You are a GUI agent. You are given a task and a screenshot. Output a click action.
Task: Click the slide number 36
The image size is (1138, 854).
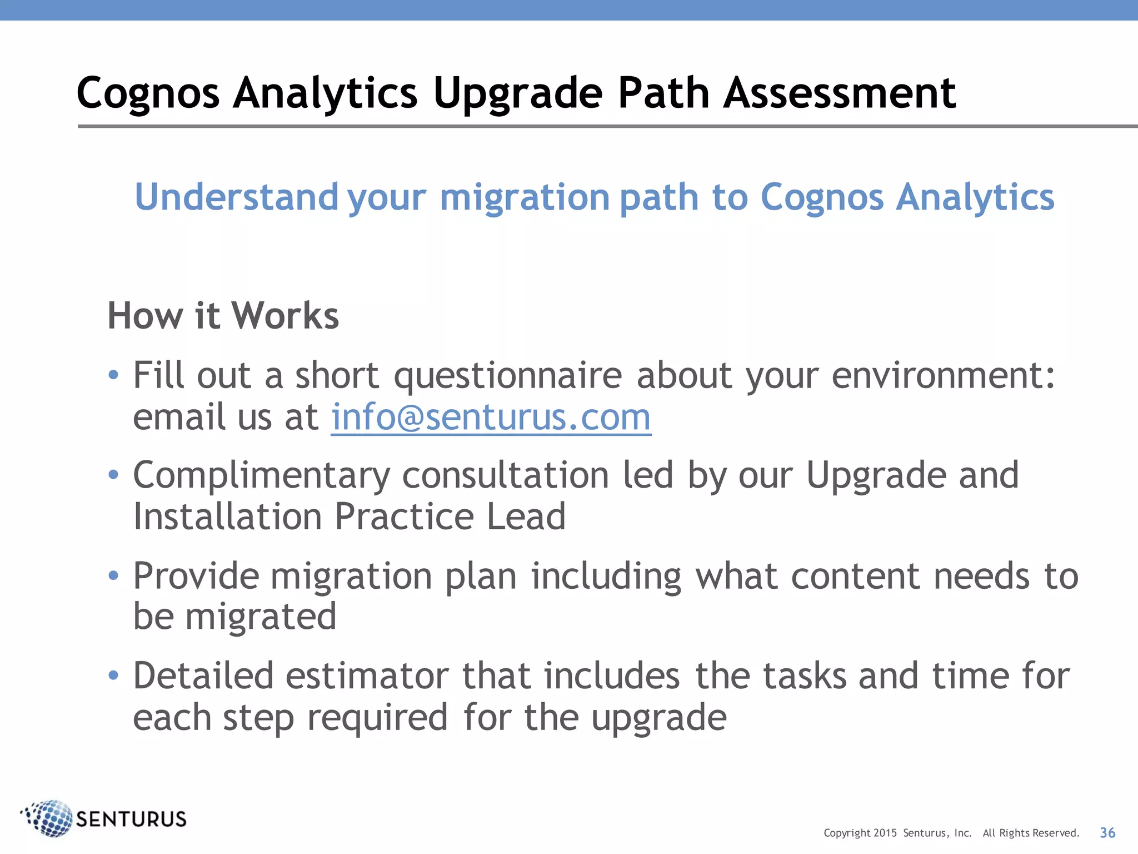pyautogui.click(x=1107, y=832)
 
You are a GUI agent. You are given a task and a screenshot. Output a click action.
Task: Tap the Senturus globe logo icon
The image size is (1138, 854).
pyautogui.click(x=49, y=818)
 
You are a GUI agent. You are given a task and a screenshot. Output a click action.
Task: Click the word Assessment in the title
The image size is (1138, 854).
pyautogui.click(x=839, y=93)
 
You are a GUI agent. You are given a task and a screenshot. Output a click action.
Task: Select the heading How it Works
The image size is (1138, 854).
pyautogui.click(x=223, y=316)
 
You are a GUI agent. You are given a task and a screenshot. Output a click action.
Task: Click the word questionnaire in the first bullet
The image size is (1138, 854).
pyautogui.click(x=508, y=375)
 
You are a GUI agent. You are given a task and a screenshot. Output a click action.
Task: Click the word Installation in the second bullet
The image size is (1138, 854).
pyautogui.click(x=227, y=517)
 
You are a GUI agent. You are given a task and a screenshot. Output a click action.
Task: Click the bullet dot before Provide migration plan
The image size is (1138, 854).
pyautogui.click(x=113, y=575)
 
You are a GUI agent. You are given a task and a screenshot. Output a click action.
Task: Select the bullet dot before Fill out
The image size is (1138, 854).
pyautogui.click(x=113, y=375)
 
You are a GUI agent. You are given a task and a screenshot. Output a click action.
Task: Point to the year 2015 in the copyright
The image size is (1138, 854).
pyautogui.click(x=885, y=833)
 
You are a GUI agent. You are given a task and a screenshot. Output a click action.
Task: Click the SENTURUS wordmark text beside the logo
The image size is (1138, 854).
pyautogui.click(x=131, y=819)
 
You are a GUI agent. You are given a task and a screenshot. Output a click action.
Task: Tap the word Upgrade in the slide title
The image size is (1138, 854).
pyautogui.click(x=517, y=93)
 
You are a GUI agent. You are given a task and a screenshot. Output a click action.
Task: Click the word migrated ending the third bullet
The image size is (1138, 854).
pyautogui.click(x=261, y=617)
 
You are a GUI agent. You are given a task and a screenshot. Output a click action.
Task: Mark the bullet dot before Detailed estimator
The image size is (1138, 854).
pyautogui.click(x=113, y=676)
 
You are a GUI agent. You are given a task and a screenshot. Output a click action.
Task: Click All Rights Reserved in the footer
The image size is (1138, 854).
pyautogui.click(x=1030, y=833)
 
